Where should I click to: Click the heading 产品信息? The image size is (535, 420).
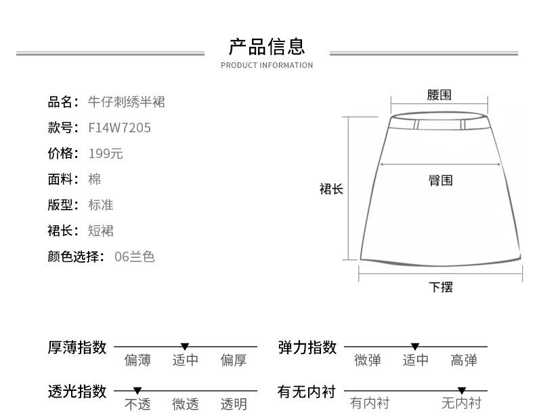coord(267,46)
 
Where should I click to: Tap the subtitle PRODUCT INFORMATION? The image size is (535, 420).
coord(267,65)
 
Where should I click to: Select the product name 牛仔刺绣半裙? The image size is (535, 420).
coord(127,102)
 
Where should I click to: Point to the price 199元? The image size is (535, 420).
coord(106,153)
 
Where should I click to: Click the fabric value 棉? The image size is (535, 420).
coord(95,179)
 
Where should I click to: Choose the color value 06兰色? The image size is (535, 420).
coord(135,256)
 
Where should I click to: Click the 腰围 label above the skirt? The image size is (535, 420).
coord(439,95)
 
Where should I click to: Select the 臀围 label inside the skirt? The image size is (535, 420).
coord(440,180)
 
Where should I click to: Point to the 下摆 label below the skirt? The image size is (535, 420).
coord(440,286)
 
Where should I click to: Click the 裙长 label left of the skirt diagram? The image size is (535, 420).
coord(332,189)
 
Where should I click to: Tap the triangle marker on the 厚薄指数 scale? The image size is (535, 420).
coord(185,347)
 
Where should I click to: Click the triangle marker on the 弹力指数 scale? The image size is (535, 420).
coord(415,347)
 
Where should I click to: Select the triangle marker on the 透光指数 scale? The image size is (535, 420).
coord(137,391)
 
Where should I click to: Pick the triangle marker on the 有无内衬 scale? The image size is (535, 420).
coord(462,391)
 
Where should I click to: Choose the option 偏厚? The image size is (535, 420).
coord(234,360)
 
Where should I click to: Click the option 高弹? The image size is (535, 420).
coord(464,360)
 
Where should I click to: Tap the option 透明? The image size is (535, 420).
coord(234,404)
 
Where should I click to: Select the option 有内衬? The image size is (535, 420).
coord(370,404)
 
